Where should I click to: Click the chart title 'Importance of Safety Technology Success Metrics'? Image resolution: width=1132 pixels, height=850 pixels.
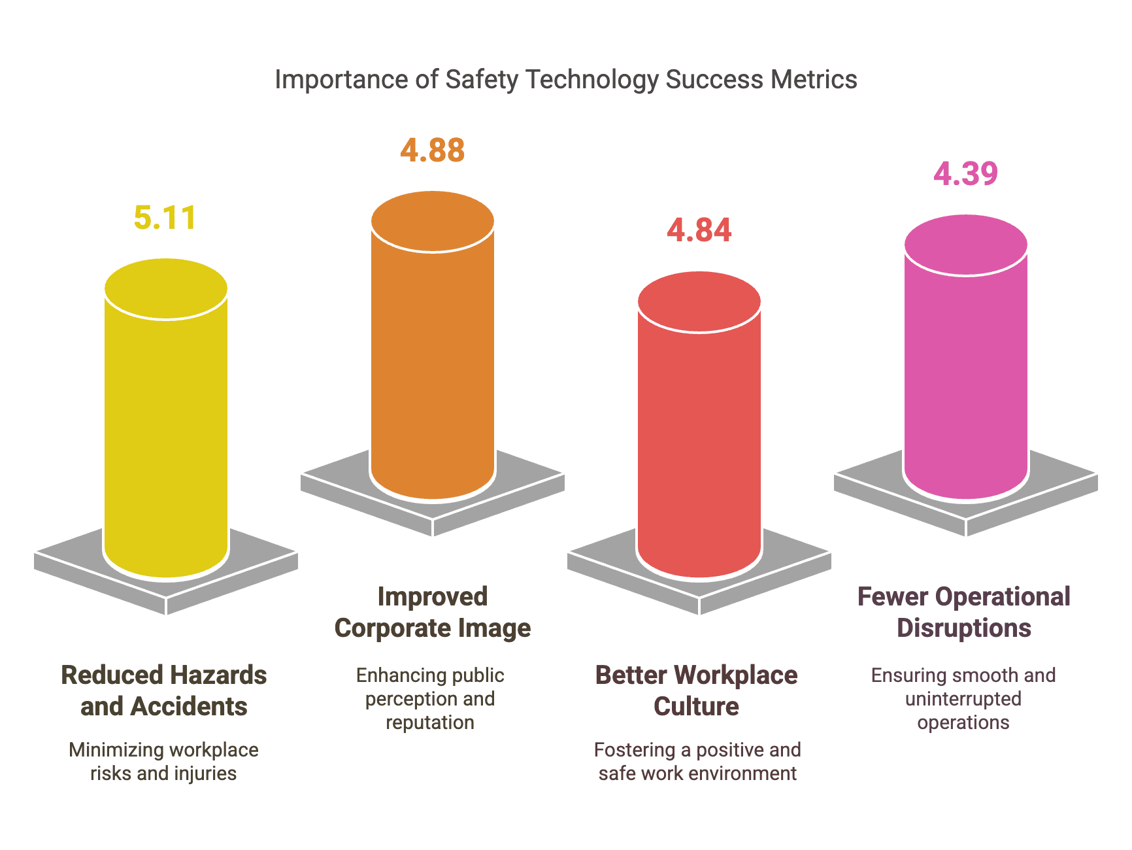click(565, 80)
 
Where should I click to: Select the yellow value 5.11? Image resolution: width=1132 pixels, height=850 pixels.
click(165, 218)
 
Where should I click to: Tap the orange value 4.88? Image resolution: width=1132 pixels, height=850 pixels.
click(432, 150)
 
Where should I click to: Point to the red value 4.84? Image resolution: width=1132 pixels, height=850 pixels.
click(699, 230)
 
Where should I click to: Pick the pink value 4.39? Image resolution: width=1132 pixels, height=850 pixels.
click(965, 174)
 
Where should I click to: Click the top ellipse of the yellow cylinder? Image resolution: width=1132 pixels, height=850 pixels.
click(166, 288)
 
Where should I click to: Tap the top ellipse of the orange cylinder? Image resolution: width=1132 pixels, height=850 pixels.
click(432, 221)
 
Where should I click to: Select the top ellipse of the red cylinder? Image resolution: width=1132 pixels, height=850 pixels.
click(699, 301)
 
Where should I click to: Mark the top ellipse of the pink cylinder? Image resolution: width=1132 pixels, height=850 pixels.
click(965, 245)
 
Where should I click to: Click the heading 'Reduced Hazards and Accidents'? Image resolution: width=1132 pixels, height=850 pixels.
click(164, 690)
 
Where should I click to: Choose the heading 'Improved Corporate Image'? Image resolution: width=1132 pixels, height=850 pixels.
click(432, 612)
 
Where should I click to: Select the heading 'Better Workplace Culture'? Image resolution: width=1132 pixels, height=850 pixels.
click(696, 690)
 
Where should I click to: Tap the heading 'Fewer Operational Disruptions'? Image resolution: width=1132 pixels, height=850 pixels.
click(964, 612)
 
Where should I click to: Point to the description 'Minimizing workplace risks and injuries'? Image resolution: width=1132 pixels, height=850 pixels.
click(163, 762)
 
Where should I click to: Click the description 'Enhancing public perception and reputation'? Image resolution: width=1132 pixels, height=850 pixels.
click(430, 699)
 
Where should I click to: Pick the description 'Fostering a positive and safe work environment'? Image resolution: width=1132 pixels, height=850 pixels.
click(697, 762)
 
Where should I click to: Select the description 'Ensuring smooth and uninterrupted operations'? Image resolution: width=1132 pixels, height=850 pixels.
click(963, 699)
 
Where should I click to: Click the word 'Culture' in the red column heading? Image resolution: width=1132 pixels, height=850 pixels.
click(696, 707)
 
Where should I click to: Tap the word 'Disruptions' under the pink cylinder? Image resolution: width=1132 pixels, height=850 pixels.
click(964, 628)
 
